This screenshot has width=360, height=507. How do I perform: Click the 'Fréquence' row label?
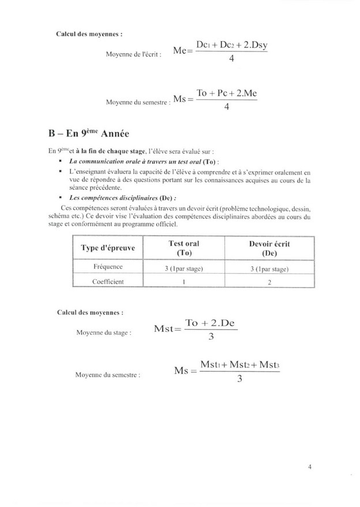(x=108, y=269)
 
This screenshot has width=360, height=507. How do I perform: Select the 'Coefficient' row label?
(x=108, y=281)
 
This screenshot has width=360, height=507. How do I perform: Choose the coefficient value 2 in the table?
(x=269, y=282)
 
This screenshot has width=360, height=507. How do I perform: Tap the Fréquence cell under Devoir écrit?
(x=269, y=269)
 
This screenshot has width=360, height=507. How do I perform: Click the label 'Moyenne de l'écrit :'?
(x=131, y=54)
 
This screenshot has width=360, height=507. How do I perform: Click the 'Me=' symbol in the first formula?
(x=181, y=52)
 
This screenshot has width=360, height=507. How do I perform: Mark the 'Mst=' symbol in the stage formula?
(x=168, y=330)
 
